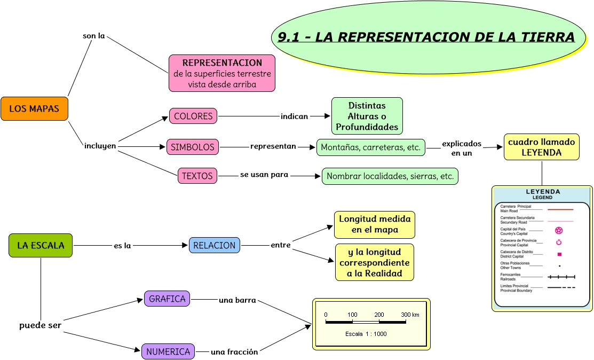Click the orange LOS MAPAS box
[x=34, y=108]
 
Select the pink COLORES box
[x=193, y=116]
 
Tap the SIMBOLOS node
[x=193, y=147]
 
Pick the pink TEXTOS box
[x=197, y=176]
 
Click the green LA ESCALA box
[x=41, y=246]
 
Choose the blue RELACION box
[x=214, y=245]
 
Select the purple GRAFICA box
[x=167, y=299]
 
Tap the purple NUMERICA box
[x=168, y=351]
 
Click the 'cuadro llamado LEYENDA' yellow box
[x=541, y=147]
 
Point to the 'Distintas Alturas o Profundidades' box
[x=367, y=116]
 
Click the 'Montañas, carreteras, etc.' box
[x=370, y=147]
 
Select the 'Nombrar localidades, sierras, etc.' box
[x=390, y=176]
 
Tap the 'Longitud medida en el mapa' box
[x=374, y=225]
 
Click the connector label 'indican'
[x=295, y=116]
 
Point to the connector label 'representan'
[x=273, y=146]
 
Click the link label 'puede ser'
[x=40, y=325]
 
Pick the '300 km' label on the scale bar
[x=410, y=315]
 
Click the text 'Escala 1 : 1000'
[x=366, y=334]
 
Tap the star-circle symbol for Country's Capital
[x=559, y=231]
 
